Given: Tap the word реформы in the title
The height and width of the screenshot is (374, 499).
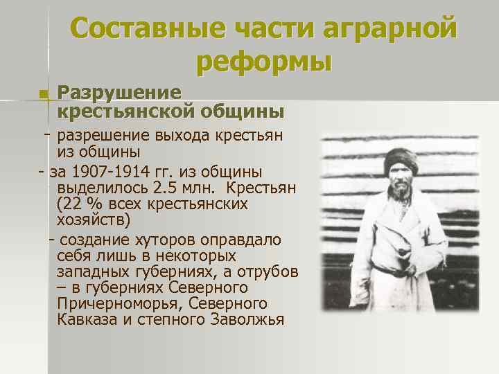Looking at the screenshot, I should (x=264, y=62).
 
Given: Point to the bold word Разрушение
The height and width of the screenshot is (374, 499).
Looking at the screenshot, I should (x=120, y=92).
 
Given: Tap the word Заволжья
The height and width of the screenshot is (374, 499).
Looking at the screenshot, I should (x=243, y=321).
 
